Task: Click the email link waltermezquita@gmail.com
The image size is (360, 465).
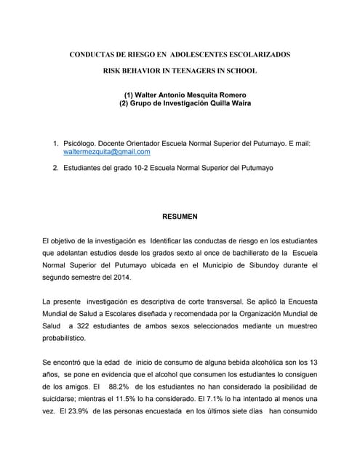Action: pos(107,152)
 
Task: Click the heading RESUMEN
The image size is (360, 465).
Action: pos(178,216)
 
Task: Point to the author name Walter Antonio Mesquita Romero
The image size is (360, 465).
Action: pos(184,95)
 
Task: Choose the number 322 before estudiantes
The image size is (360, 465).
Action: pos(85,325)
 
